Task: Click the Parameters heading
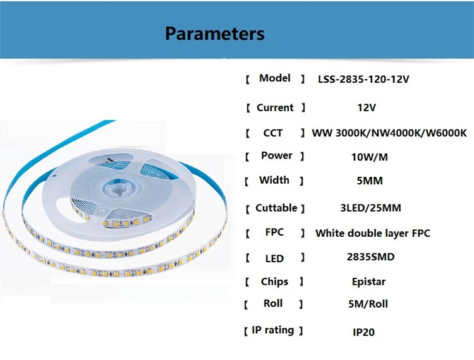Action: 215,33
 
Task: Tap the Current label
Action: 275,108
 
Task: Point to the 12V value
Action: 367,108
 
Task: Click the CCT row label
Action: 273,133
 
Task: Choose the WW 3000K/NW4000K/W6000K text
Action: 389,133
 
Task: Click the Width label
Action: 274,181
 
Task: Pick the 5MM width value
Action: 370,181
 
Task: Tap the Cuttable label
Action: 276,208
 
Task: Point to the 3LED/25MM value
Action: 370,208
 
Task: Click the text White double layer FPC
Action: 373,233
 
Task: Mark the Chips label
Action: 274,282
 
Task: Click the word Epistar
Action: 368,282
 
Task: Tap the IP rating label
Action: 274,330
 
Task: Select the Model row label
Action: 275,78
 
